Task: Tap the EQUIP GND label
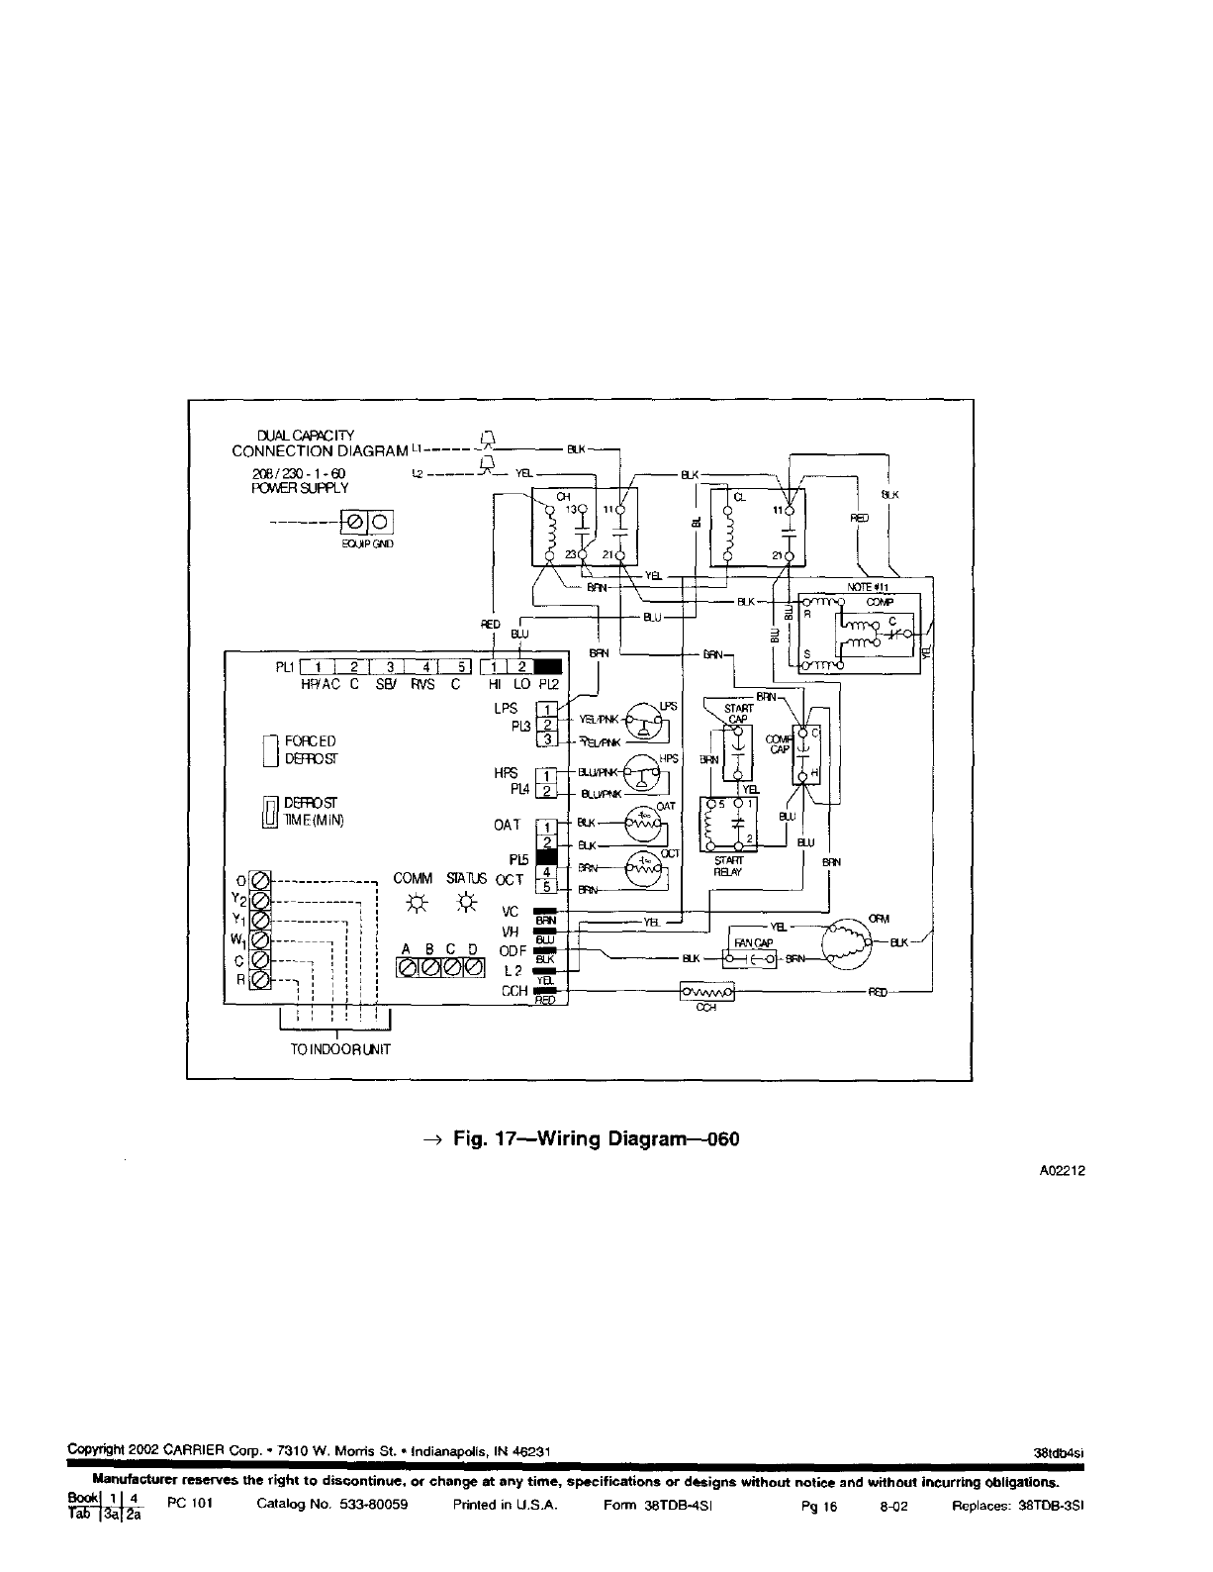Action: tap(366, 542)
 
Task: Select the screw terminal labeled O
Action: tap(260, 879)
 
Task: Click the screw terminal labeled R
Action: tap(260, 980)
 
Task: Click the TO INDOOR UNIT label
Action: tap(339, 1048)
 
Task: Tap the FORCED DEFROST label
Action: tap(310, 750)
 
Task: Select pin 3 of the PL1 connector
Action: tap(390, 665)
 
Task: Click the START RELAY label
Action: tap(728, 866)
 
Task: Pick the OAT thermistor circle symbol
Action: tap(644, 822)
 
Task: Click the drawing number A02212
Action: tap(1063, 1170)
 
